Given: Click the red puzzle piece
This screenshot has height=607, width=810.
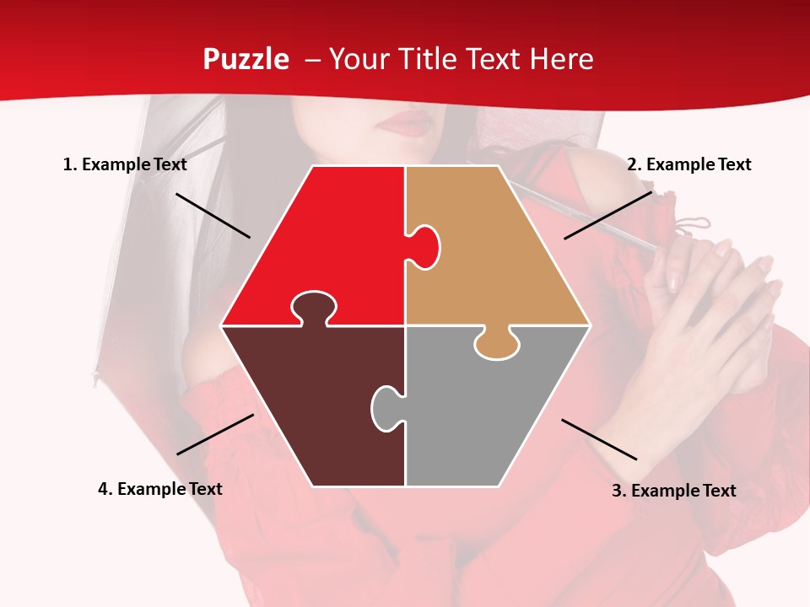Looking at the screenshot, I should click(337, 236).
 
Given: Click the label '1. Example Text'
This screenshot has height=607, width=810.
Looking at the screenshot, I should click(125, 164).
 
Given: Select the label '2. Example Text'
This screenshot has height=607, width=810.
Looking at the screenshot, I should click(688, 164).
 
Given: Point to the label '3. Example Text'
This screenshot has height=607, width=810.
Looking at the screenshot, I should click(673, 491).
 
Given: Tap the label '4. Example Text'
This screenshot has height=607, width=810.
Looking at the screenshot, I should click(160, 489).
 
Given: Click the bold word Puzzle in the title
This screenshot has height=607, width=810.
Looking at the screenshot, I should click(246, 59).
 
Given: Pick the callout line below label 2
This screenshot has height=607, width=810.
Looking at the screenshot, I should click(607, 215).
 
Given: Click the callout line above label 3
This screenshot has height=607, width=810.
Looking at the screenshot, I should click(599, 439).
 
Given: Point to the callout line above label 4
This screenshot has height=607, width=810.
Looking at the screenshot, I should click(215, 434).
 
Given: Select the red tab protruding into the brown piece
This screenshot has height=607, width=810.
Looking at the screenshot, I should click(314, 308).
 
